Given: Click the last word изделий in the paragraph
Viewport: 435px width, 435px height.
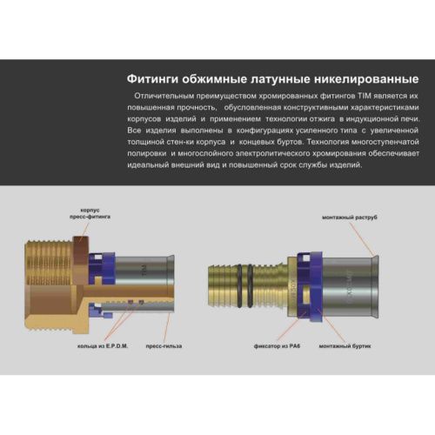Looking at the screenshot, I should tap(340, 164).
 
